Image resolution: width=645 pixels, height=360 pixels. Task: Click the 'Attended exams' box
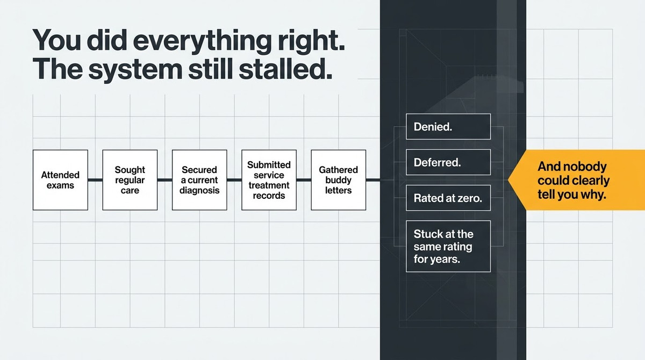[60, 180]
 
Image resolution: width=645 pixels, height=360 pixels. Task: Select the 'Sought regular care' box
[130, 180]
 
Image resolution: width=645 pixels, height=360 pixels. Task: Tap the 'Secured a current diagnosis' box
[199, 180]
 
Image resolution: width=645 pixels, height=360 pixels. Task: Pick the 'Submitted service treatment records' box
[269, 180]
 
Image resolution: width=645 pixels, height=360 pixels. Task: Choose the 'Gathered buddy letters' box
[339, 180]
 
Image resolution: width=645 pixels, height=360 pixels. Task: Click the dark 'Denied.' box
[448, 127]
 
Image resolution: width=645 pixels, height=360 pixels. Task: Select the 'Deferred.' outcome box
[448, 162]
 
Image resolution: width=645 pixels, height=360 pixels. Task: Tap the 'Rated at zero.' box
[448, 198]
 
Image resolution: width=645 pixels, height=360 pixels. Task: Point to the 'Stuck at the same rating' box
[448, 246]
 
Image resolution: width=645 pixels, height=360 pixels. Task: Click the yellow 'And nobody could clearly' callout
[576, 180]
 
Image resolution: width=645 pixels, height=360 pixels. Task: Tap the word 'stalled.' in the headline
[285, 69]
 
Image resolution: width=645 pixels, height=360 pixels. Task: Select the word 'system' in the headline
[135, 71]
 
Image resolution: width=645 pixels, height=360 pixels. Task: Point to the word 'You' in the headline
[56, 40]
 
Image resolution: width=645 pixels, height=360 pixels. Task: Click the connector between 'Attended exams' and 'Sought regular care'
[95, 180]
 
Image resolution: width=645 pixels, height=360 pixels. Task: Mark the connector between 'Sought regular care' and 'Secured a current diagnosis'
[164, 180]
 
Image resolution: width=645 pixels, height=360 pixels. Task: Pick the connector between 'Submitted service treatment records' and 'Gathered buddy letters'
[304, 180]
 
